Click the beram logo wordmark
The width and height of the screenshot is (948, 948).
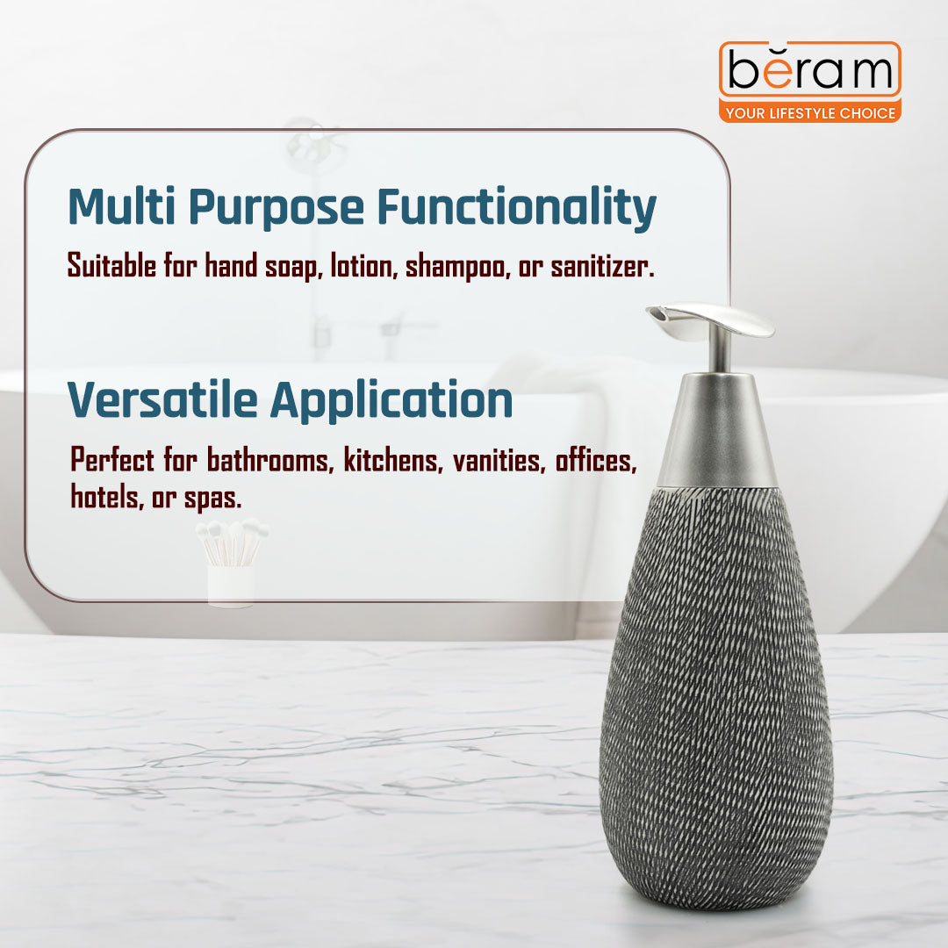809,72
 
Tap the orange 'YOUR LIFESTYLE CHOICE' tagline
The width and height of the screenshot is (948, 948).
809,112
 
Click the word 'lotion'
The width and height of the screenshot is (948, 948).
362,267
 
